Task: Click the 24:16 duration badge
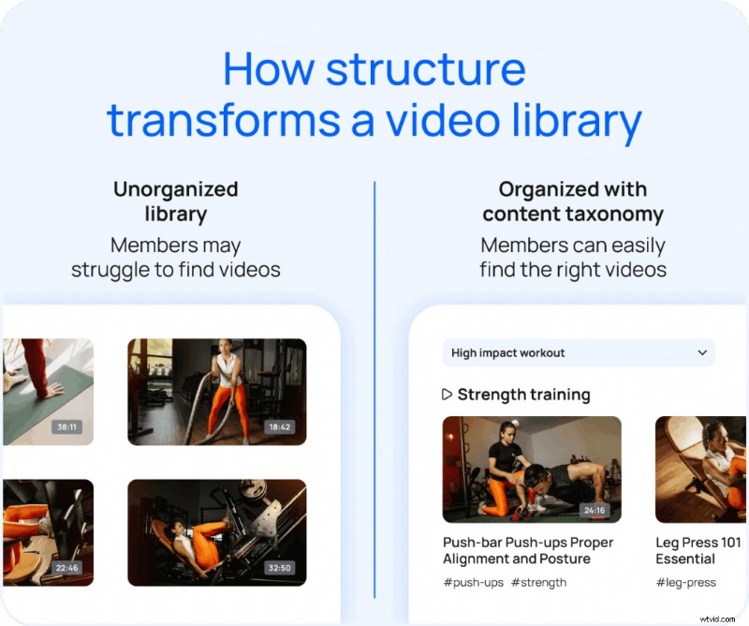[x=595, y=511]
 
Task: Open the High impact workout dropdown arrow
[x=702, y=353]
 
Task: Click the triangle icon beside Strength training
[x=447, y=395]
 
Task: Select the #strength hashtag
[x=538, y=582]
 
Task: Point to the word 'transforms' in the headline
[x=225, y=121]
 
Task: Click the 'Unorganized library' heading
[x=175, y=201]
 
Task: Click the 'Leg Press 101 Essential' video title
[x=698, y=550]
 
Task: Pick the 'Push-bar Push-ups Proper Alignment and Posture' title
[x=528, y=550]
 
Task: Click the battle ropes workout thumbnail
[x=216, y=391]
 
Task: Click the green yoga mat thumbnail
[x=47, y=391]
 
